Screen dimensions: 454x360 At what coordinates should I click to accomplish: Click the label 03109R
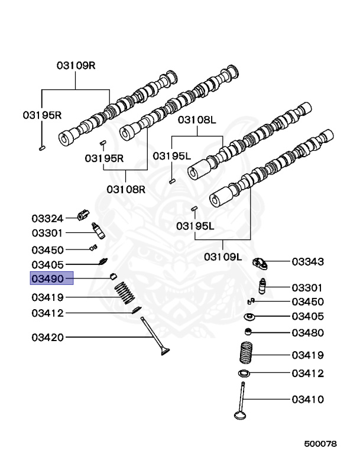[x=76, y=66]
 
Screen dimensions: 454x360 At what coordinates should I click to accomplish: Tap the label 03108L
[x=197, y=120]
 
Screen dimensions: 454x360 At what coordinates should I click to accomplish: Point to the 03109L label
[x=223, y=257]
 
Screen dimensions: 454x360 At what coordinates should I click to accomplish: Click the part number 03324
[x=47, y=219]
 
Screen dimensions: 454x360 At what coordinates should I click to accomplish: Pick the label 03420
[x=47, y=338]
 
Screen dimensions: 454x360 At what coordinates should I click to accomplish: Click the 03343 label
[x=307, y=261]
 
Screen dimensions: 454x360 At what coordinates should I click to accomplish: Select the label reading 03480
[x=307, y=333]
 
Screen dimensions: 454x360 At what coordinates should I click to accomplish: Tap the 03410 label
[x=307, y=400]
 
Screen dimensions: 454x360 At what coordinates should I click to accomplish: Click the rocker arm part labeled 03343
[x=261, y=262]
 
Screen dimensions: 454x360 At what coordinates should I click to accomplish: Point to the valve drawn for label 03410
[x=242, y=403]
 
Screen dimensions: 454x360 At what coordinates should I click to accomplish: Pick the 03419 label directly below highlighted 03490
[x=47, y=297]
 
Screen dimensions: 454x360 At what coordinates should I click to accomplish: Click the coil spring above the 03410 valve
[x=246, y=354]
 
